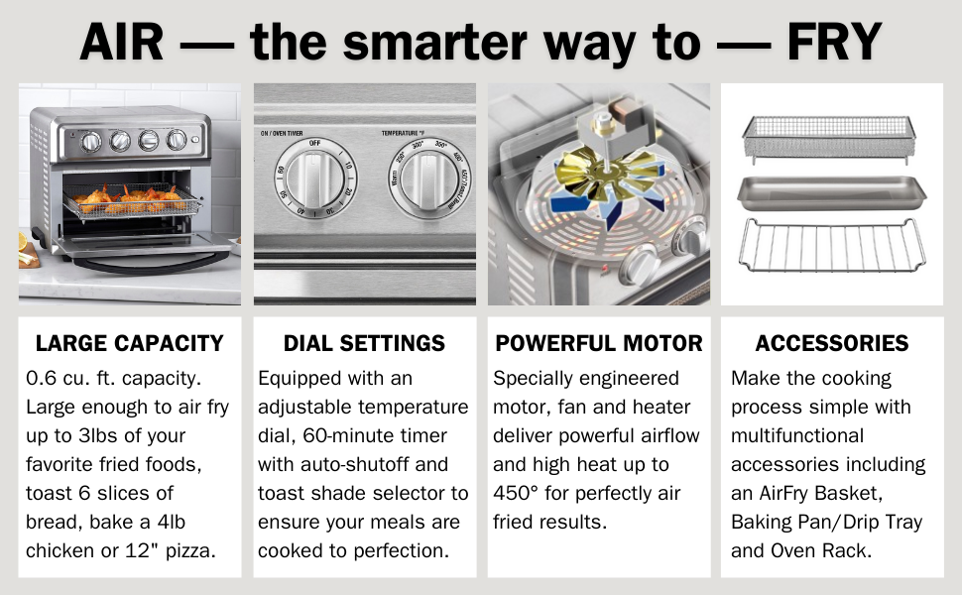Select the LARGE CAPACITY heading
coord(129,344)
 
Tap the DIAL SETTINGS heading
coord(364,344)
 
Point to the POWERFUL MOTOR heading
coord(599,344)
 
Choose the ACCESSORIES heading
coord(832,344)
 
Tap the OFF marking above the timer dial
coord(313,144)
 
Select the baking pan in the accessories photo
coord(832,192)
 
